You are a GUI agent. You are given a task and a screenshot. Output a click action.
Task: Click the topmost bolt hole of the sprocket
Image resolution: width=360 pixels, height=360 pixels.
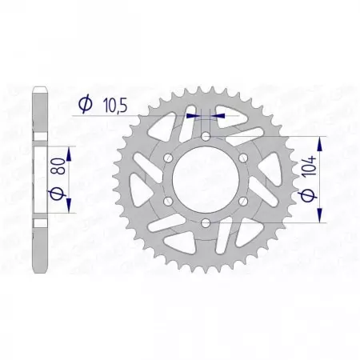pyautogui.click(x=206, y=137)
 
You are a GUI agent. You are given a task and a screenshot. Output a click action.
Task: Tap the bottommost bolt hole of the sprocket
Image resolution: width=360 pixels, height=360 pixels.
pyautogui.click(x=206, y=222)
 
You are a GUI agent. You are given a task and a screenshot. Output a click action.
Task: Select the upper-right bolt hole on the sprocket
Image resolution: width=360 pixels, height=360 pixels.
pyautogui.click(x=242, y=158)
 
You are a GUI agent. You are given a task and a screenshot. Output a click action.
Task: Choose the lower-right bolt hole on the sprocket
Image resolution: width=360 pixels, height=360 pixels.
pyautogui.click(x=242, y=201)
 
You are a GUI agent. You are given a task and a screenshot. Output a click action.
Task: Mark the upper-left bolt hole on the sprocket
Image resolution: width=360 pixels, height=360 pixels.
pyautogui.click(x=169, y=158)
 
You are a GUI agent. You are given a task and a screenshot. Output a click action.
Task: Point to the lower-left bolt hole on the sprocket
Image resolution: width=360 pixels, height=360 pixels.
pyautogui.click(x=169, y=201)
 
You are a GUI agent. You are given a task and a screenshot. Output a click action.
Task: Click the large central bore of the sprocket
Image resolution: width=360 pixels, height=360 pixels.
pyautogui.click(x=206, y=179)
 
